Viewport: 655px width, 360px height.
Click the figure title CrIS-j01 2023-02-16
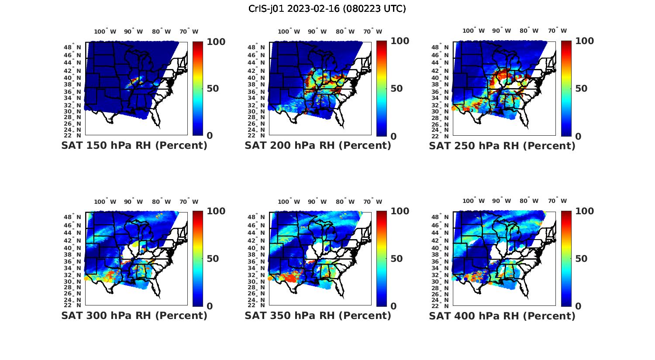pyautogui.click(x=327, y=9)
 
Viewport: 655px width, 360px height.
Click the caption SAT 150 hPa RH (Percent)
pyautogui.click(x=134, y=146)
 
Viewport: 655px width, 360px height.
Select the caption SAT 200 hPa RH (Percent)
pyautogui.click(x=318, y=146)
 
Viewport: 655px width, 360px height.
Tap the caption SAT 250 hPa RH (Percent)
pyautogui.click(x=502, y=146)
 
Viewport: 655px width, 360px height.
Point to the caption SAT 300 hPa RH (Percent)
pyautogui.click(x=134, y=315)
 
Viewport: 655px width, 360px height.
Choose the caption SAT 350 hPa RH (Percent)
pyautogui.click(x=318, y=315)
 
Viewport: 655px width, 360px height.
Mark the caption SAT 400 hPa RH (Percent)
pyautogui.click(x=502, y=315)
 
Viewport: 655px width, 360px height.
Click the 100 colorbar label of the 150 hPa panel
pyautogui.click(x=216, y=42)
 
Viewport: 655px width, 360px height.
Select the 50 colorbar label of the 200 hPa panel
pyautogui.click(x=396, y=89)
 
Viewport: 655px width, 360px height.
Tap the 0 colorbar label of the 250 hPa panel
pyautogui.click(x=578, y=136)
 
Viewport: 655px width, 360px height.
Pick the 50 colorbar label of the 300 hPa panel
pyautogui.click(x=213, y=259)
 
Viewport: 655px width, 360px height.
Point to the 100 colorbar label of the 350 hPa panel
pyautogui.click(x=400, y=211)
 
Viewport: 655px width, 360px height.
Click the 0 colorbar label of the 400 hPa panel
pyautogui.click(x=578, y=306)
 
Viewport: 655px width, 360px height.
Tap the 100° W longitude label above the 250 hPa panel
pyautogui.click(x=473, y=31)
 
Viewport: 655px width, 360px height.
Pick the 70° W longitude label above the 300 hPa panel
pyautogui.click(x=188, y=202)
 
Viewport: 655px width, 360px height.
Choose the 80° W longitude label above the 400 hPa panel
pyautogui.click(x=529, y=201)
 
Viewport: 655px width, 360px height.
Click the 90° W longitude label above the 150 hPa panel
pyautogui.click(x=133, y=31)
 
